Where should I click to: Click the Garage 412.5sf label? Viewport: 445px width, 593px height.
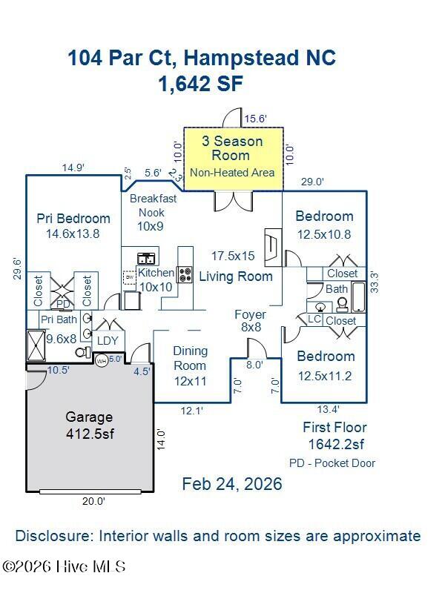tap(89, 424)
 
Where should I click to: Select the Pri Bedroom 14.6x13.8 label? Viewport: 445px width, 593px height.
tap(73, 225)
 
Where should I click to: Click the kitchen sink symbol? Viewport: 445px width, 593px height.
tap(145, 259)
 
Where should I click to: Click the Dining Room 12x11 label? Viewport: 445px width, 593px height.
tap(190, 366)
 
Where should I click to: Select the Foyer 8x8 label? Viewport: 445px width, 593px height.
tap(250, 320)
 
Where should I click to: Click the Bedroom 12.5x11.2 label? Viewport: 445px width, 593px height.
tap(325, 366)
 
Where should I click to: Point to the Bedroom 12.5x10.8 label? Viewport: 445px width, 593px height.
tap(324, 225)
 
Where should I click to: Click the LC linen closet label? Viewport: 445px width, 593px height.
tap(314, 319)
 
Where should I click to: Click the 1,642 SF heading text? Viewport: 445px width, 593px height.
tap(200, 84)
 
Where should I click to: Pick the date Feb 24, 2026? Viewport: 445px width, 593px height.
tap(232, 484)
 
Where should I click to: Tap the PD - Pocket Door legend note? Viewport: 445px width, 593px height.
tap(332, 463)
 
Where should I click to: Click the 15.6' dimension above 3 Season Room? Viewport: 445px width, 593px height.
tap(256, 118)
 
